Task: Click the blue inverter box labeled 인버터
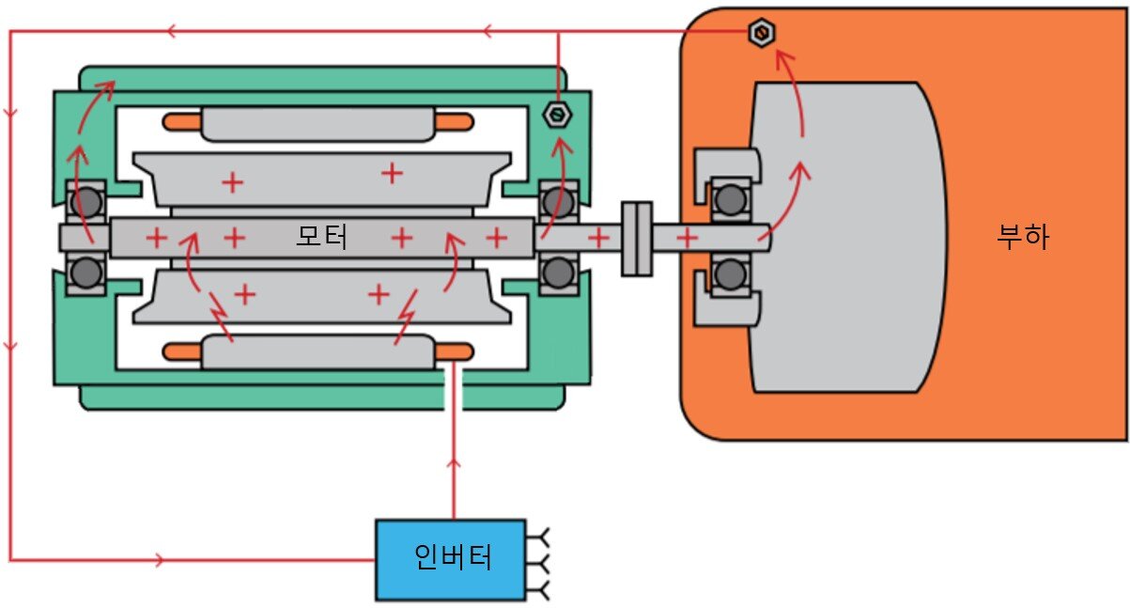point(451,559)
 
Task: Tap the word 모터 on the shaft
point(322,237)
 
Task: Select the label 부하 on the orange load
point(1023,237)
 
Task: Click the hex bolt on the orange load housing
point(761,33)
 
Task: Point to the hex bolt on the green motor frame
point(557,115)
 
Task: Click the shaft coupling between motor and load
point(637,239)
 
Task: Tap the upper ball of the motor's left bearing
point(85,202)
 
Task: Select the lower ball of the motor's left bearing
point(85,273)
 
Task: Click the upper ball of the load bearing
point(730,200)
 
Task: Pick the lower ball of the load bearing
point(730,275)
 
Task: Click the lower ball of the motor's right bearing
point(559,273)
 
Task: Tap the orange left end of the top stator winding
point(182,122)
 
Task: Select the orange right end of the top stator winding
point(454,122)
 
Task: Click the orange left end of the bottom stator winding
point(182,351)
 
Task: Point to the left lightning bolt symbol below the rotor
point(221,316)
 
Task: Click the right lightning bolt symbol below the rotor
point(406,317)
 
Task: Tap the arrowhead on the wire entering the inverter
point(159,560)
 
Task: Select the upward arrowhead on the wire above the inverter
point(454,464)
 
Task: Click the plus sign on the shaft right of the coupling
point(687,238)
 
